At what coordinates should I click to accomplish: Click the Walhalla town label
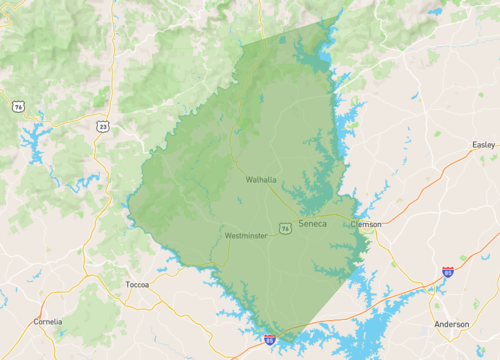261,180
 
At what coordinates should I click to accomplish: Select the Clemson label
366,224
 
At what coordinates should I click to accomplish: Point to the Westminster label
246,236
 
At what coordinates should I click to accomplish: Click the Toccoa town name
137,285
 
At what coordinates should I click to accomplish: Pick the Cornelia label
47,321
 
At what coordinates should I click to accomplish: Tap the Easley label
483,146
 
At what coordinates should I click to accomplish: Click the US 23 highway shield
103,126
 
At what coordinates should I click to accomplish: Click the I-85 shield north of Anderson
447,271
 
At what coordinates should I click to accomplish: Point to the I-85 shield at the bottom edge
270,340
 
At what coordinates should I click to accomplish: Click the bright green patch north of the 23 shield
102,98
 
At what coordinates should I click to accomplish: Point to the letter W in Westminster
228,236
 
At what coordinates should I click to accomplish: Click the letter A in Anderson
437,324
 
